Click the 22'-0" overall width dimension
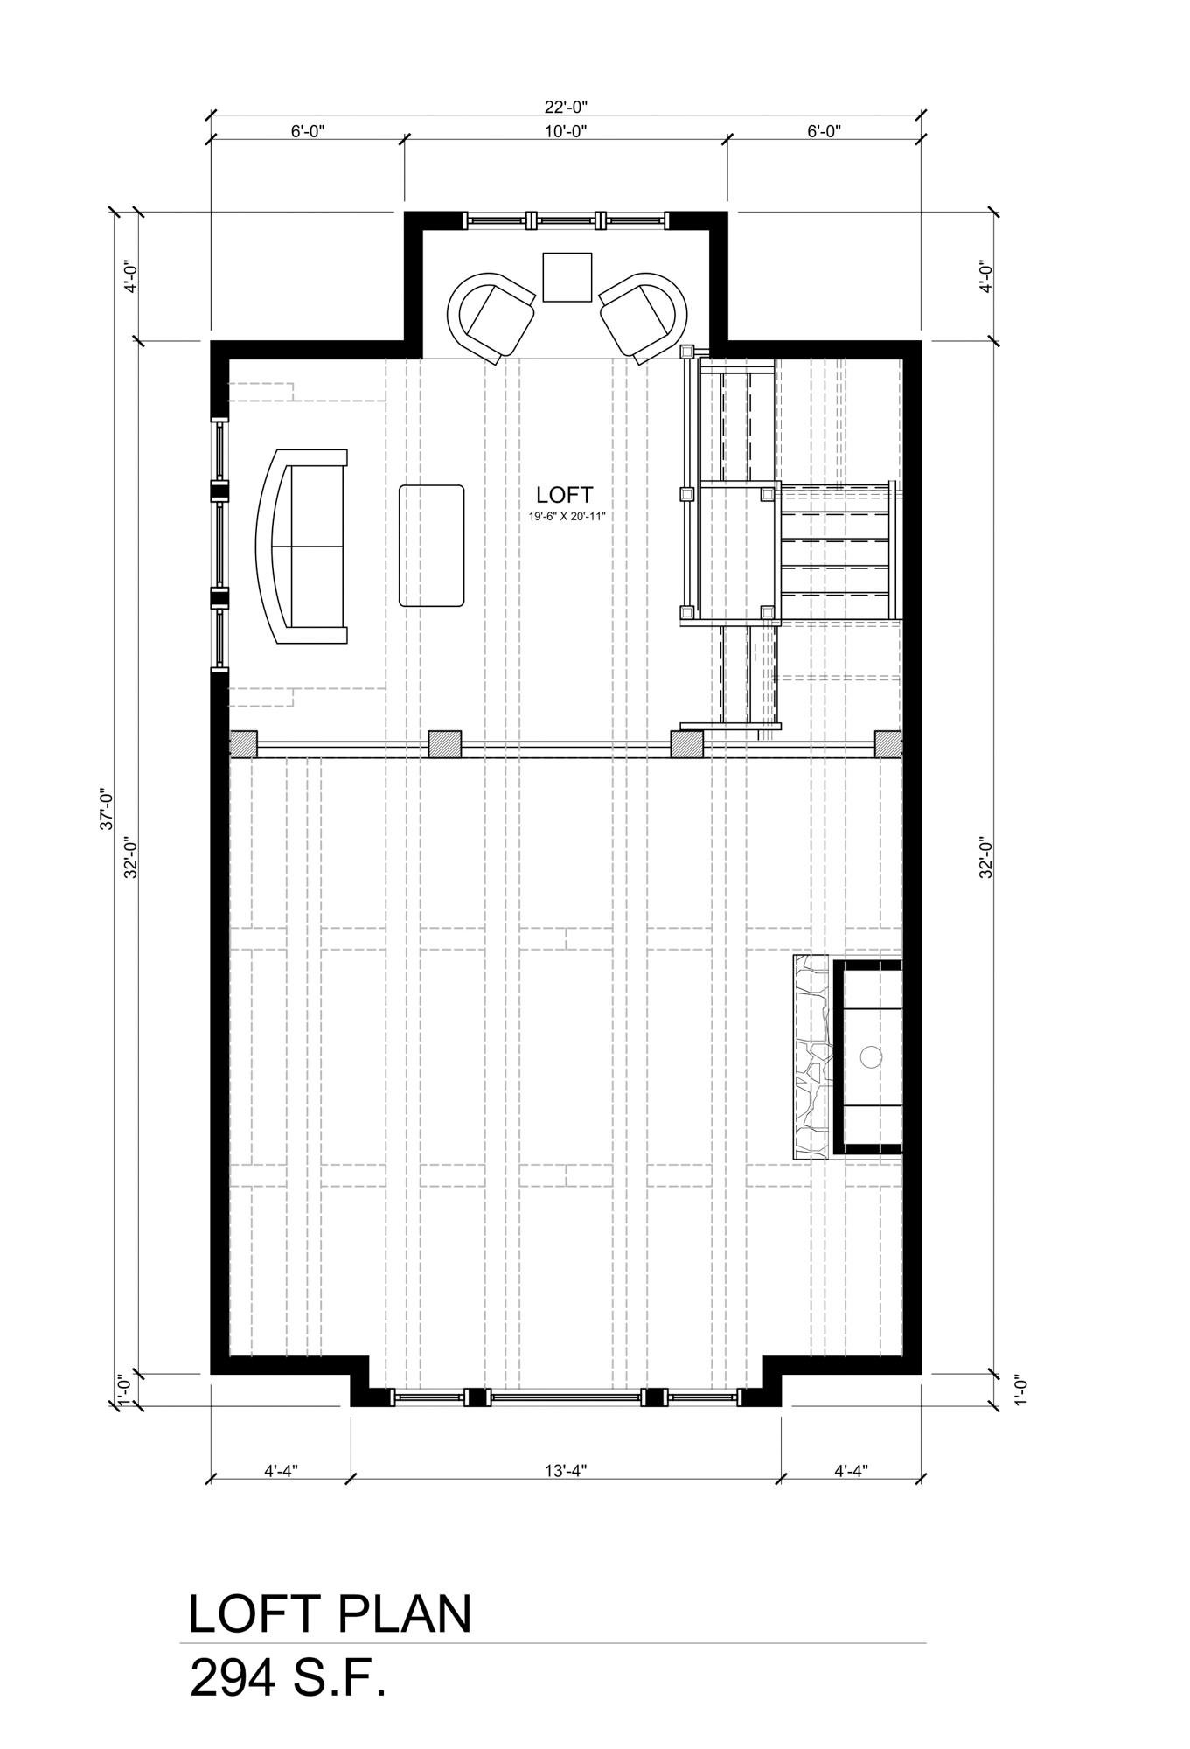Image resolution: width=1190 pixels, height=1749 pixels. click(565, 108)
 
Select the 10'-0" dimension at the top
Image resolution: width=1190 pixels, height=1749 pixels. click(565, 131)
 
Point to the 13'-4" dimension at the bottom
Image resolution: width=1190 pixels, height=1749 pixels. click(565, 1470)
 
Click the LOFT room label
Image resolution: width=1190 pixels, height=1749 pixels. click(565, 496)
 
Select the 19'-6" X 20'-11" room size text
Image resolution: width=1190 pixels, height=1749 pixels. click(567, 517)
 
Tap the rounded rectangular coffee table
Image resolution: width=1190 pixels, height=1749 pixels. click(431, 546)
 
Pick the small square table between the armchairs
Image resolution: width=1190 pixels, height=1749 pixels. click(567, 276)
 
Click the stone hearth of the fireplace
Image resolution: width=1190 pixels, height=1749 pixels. click(811, 1057)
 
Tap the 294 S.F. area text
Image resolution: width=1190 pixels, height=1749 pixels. click(289, 1679)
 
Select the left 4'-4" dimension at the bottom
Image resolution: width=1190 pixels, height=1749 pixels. click(281, 1470)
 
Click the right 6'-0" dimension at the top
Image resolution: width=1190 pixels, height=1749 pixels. click(823, 131)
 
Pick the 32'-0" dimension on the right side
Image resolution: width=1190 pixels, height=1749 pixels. click(985, 857)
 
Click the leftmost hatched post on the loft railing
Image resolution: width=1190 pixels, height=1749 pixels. click(243, 744)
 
